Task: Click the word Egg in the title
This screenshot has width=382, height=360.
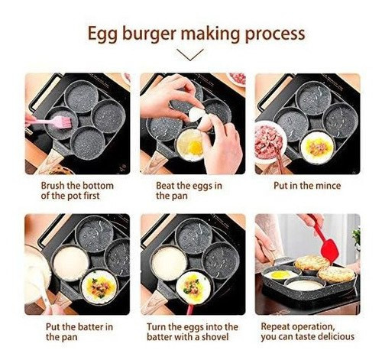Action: [103, 34]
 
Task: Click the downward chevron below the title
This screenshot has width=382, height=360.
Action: [190, 54]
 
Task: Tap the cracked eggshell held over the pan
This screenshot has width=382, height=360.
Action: [197, 115]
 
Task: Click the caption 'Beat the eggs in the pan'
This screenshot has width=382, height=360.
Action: [189, 190]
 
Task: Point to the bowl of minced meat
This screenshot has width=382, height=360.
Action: [269, 139]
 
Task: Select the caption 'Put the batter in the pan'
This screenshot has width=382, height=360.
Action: [79, 331]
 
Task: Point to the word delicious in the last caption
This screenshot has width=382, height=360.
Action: [332, 336]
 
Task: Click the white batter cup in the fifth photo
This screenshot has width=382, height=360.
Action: [168, 262]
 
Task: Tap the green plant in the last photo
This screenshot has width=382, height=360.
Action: [356, 237]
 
